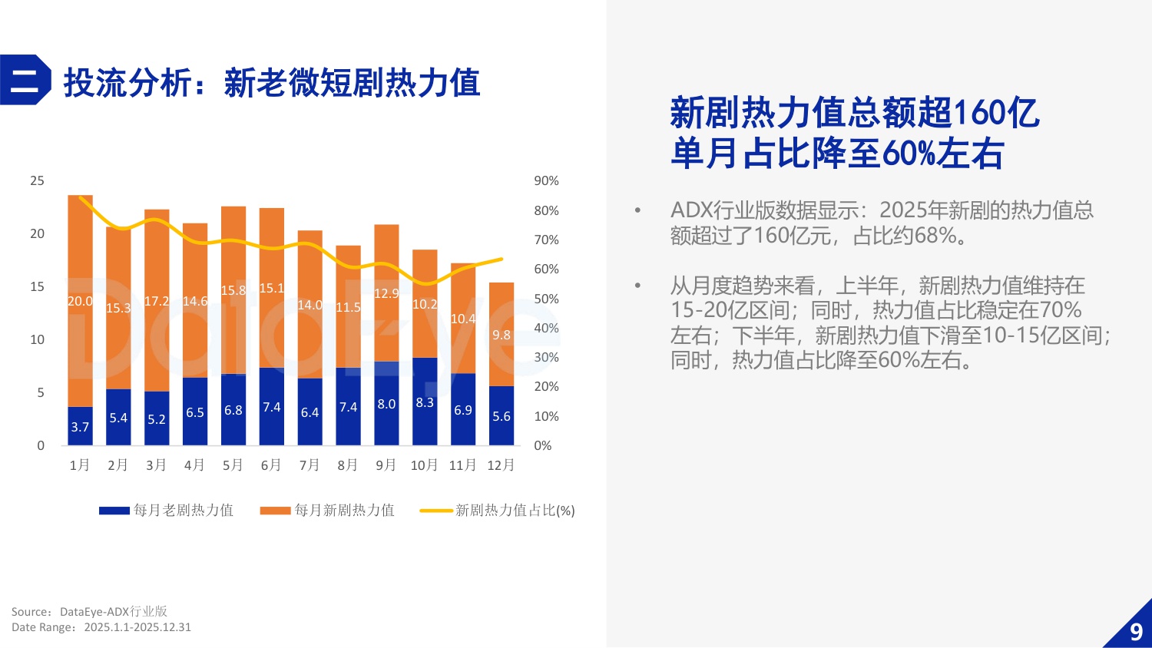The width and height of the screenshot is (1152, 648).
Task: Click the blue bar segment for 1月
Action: tap(80, 426)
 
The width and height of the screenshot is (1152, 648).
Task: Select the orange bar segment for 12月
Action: tap(501, 334)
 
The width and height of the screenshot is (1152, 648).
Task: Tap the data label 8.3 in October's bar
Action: tap(425, 402)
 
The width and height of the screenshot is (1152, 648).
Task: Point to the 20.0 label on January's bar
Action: tap(80, 301)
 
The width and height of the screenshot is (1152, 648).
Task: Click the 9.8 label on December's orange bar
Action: tap(502, 335)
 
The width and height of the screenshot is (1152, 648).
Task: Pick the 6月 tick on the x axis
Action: tap(271, 465)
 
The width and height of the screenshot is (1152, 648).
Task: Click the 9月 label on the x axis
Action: tap(386, 465)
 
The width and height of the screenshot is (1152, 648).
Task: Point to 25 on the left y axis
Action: tap(37, 180)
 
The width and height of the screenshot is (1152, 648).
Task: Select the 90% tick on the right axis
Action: tap(546, 180)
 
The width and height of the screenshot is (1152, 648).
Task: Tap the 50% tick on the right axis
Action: tap(546, 299)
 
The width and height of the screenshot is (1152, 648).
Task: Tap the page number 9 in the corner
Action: tap(1136, 632)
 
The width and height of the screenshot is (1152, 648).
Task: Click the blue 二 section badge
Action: tap(25, 80)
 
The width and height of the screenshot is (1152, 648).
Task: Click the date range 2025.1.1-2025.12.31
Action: tap(137, 627)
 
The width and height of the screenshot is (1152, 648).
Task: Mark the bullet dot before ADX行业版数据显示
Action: tap(637, 210)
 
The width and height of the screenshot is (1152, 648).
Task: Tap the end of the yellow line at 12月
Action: tap(502, 259)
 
